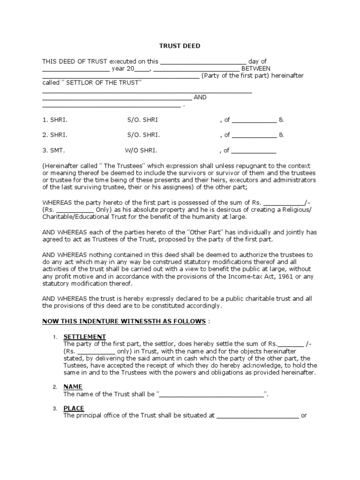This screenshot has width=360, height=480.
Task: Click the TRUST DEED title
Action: tap(180, 46)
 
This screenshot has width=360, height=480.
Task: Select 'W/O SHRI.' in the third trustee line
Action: tap(141, 151)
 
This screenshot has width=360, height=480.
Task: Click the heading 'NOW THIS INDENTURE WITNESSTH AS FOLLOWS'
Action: tap(124, 321)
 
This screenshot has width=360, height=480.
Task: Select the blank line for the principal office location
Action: tap(257, 416)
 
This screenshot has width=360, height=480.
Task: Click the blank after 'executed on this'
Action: tap(203, 61)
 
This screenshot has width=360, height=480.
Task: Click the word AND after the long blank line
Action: tap(200, 97)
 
